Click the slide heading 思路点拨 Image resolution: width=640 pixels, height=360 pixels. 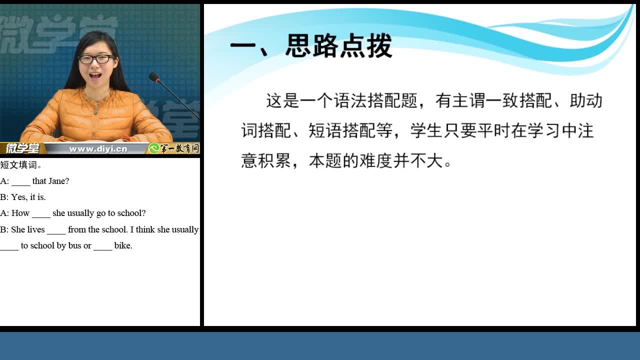tap(339, 45)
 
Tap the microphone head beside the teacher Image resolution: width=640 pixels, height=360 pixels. tap(153, 77)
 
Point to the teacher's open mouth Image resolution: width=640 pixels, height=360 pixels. tap(95, 76)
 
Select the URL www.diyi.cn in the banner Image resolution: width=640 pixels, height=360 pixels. tap(98, 149)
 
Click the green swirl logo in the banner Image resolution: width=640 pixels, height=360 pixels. tap(154, 148)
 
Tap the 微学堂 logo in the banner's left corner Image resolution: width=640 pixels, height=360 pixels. tap(22, 148)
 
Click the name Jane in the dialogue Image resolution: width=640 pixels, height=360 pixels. tap(58, 181)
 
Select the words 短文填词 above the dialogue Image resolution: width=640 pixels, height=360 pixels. tap(18, 165)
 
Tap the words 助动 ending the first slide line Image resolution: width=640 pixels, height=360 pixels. tap(585, 100)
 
